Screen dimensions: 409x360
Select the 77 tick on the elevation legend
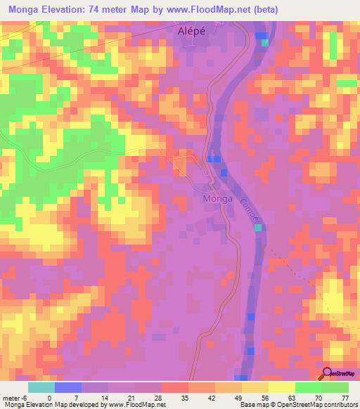click(345, 397)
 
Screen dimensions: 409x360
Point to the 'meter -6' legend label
click(15, 397)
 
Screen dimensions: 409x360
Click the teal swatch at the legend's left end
click(41, 387)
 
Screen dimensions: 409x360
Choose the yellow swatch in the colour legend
click(282, 387)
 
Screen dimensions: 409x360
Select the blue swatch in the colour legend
click(68, 387)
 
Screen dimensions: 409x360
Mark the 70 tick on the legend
click(322, 397)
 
